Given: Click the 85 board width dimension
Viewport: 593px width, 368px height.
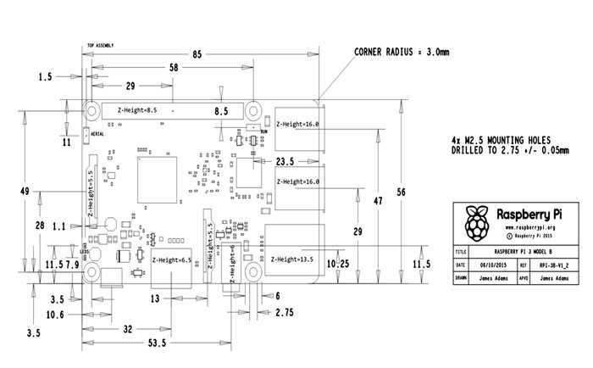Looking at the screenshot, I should (x=197, y=55).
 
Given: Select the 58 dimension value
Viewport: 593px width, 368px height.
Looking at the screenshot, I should (x=174, y=67).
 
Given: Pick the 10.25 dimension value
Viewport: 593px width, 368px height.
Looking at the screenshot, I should (x=339, y=264).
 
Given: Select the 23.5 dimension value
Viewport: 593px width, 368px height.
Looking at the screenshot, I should (x=285, y=161).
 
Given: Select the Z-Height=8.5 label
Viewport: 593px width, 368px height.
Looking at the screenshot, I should (x=138, y=110).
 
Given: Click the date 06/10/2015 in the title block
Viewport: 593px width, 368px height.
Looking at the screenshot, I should (x=502, y=265).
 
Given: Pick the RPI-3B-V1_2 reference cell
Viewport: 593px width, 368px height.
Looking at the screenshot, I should (x=563, y=265).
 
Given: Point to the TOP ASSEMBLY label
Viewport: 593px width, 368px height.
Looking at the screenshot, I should (x=101, y=46).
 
